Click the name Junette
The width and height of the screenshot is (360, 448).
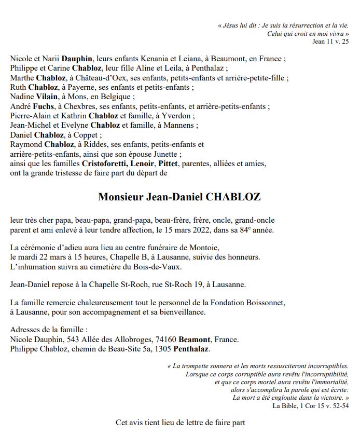pyautogui.click(x=164, y=154)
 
